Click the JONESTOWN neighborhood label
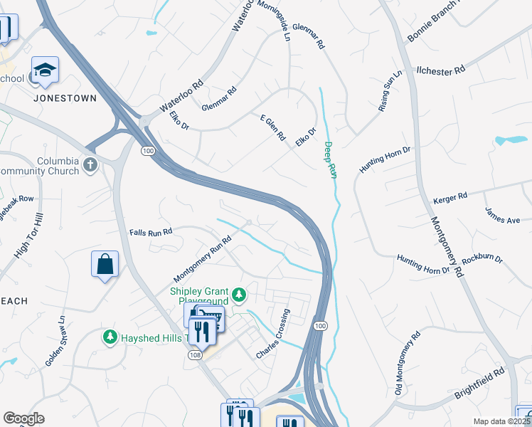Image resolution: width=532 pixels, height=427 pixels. click(64, 98)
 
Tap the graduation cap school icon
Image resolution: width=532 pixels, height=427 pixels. click(45, 70)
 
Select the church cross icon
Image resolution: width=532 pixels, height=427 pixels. click(90, 165)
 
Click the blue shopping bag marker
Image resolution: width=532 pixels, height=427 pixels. click(105, 264)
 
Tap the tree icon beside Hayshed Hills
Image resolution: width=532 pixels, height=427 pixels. click(110, 336)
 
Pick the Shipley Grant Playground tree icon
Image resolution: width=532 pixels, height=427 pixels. click(240, 293)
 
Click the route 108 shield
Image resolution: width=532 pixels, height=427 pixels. click(196, 354)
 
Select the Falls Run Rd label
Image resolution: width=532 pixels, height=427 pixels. click(151, 233)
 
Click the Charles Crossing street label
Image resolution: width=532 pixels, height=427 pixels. click(275, 333)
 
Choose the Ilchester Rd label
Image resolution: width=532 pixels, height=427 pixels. click(440, 70)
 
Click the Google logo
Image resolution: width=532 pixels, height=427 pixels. click(23, 418)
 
